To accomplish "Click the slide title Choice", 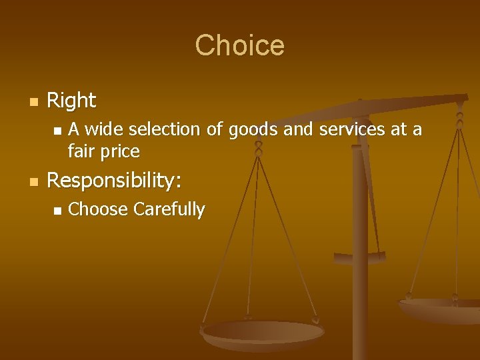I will click(239, 45).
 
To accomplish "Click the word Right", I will click(71, 101).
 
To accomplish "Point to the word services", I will click(352, 129).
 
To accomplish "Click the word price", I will click(121, 152).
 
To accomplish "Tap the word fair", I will click(81, 151).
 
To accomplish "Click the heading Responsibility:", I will click(115, 181).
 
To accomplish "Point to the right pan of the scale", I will click(440, 308).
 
